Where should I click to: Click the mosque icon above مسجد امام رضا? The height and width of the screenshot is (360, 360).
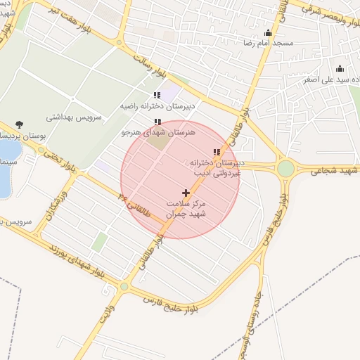tap(268, 32)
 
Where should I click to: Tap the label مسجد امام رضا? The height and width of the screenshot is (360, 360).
tap(267, 43)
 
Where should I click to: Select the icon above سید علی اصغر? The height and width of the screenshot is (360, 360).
tap(340, 69)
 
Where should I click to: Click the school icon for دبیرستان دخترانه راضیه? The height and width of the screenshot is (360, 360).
tap(157, 96)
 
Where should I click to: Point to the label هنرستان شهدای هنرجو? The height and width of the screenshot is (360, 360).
tap(156, 131)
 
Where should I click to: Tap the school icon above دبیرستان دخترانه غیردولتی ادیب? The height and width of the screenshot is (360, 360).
tap(217, 152)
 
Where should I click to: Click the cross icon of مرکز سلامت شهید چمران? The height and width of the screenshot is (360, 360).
tap(186, 193)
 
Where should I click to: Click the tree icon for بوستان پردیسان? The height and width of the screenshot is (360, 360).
tap(19, 125)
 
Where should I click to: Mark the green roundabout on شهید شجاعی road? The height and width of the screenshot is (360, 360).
tap(285, 169)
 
